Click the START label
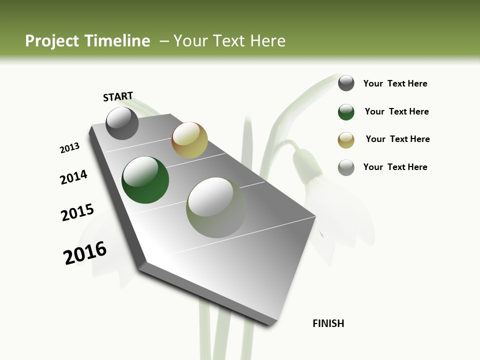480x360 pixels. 118,96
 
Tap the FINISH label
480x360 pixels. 328,323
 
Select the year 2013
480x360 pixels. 69,148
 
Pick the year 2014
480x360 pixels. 73,177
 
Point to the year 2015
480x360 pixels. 77,212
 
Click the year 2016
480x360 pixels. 85,252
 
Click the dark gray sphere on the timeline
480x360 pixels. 122,123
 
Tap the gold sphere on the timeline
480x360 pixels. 189,140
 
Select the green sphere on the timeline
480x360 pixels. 145,180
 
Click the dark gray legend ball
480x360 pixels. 346,83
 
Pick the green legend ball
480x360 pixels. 346,112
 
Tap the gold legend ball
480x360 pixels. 346,140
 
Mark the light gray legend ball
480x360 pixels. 346,167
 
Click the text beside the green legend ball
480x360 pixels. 396,111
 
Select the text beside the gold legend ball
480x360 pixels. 397,139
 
